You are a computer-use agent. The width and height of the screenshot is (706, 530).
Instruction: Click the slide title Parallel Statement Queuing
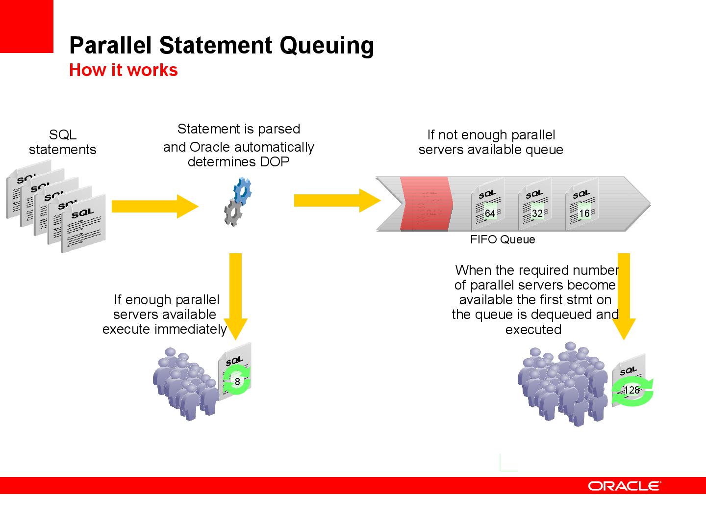tap(222, 46)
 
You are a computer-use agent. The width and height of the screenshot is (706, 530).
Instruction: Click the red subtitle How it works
tap(124, 70)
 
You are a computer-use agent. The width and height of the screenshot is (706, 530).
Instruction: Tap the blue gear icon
tap(243, 191)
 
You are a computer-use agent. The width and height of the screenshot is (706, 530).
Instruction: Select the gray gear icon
tap(233, 212)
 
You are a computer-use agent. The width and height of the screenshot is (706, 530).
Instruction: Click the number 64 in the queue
tap(490, 213)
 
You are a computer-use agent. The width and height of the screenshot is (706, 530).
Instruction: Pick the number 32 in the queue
tap(537, 213)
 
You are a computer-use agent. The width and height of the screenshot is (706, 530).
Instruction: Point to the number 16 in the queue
tap(584, 213)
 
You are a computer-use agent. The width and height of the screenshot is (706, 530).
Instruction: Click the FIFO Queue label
tap(503, 239)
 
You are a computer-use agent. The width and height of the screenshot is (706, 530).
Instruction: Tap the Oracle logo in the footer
tap(624, 486)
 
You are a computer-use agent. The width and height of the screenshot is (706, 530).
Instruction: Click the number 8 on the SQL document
tap(237, 382)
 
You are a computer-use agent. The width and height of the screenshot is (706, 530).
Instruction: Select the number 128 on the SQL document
tap(631, 390)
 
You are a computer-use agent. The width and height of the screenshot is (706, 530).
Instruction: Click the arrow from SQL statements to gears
tap(155, 206)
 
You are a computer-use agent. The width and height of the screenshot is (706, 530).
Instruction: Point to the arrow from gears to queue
tap(337, 201)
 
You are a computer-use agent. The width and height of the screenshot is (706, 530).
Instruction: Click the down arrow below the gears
tap(235, 296)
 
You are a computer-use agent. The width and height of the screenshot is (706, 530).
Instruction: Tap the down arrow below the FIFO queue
tap(624, 296)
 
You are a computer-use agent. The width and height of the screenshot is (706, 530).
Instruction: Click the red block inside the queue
tap(426, 203)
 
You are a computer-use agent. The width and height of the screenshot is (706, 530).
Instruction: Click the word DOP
tap(275, 162)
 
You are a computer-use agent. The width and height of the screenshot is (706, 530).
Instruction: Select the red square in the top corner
tap(26, 26)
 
